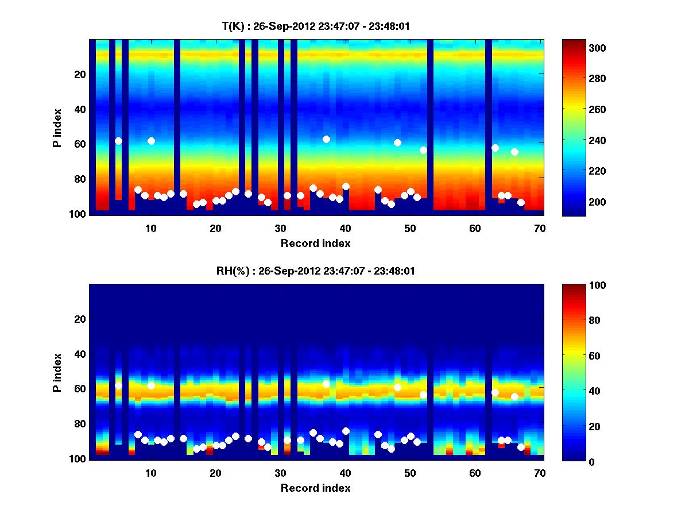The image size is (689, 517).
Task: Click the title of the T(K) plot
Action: pyautogui.click(x=316, y=26)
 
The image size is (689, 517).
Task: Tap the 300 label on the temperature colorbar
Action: pyautogui.click(x=579, y=48)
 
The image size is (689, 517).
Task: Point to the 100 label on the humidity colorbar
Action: pyautogui.click(x=579, y=285)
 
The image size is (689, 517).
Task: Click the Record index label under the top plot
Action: pyautogui.click(x=316, y=243)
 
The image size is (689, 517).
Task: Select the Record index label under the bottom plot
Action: pyautogui.click(x=316, y=488)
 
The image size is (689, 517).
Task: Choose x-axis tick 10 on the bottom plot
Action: pyautogui.click(x=150, y=473)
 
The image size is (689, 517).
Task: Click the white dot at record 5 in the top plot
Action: pyautogui.click(x=118, y=141)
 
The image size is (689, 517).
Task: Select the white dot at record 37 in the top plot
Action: pyautogui.click(x=326, y=139)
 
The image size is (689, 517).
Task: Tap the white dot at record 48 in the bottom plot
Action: pyautogui.click(x=397, y=387)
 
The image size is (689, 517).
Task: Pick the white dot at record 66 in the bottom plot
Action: pyautogui.click(x=514, y=396)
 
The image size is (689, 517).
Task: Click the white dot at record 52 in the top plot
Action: pyautogui.click(x=423, y=150)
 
